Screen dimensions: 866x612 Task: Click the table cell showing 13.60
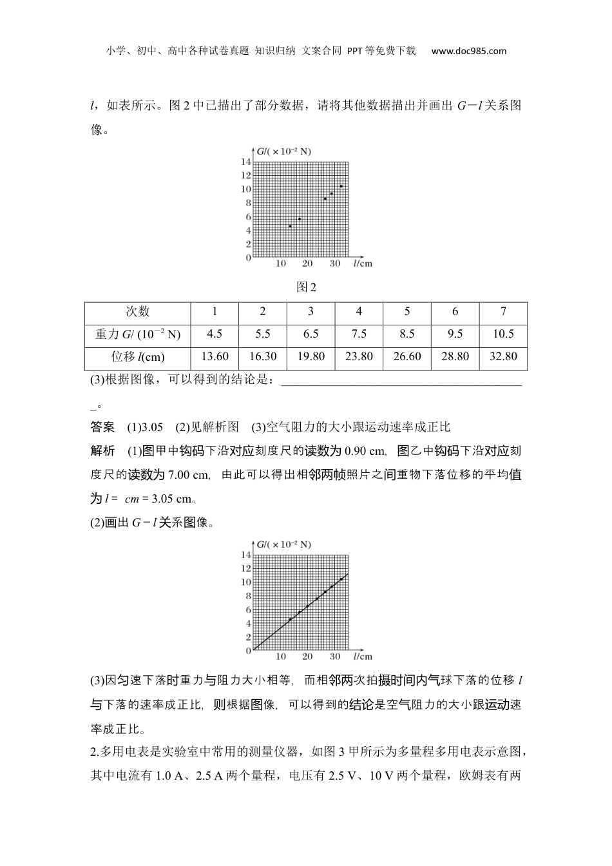click(215, 356)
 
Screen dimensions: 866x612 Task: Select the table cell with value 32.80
click(503, 356)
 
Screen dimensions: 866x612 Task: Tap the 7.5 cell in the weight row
click(359, 334)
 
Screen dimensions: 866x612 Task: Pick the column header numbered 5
click(407, 312)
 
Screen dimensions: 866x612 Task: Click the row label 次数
click(137, 312)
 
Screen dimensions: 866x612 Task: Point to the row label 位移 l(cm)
click(137, 356)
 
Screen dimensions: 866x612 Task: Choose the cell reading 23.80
click(359, 356)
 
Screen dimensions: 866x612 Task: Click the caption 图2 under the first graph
click(306, 287)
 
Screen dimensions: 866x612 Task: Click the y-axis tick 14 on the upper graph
click(246, 161)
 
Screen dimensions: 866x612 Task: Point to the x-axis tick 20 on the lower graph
click(307, 657)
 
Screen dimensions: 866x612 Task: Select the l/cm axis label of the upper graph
click(363, 264)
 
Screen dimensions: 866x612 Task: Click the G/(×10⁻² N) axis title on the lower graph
click(283, 544)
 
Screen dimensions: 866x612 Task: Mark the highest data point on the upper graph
click(341, 186)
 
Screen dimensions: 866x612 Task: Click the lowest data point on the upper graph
click(290, 226)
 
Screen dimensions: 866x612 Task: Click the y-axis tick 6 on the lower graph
click(248, 610)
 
